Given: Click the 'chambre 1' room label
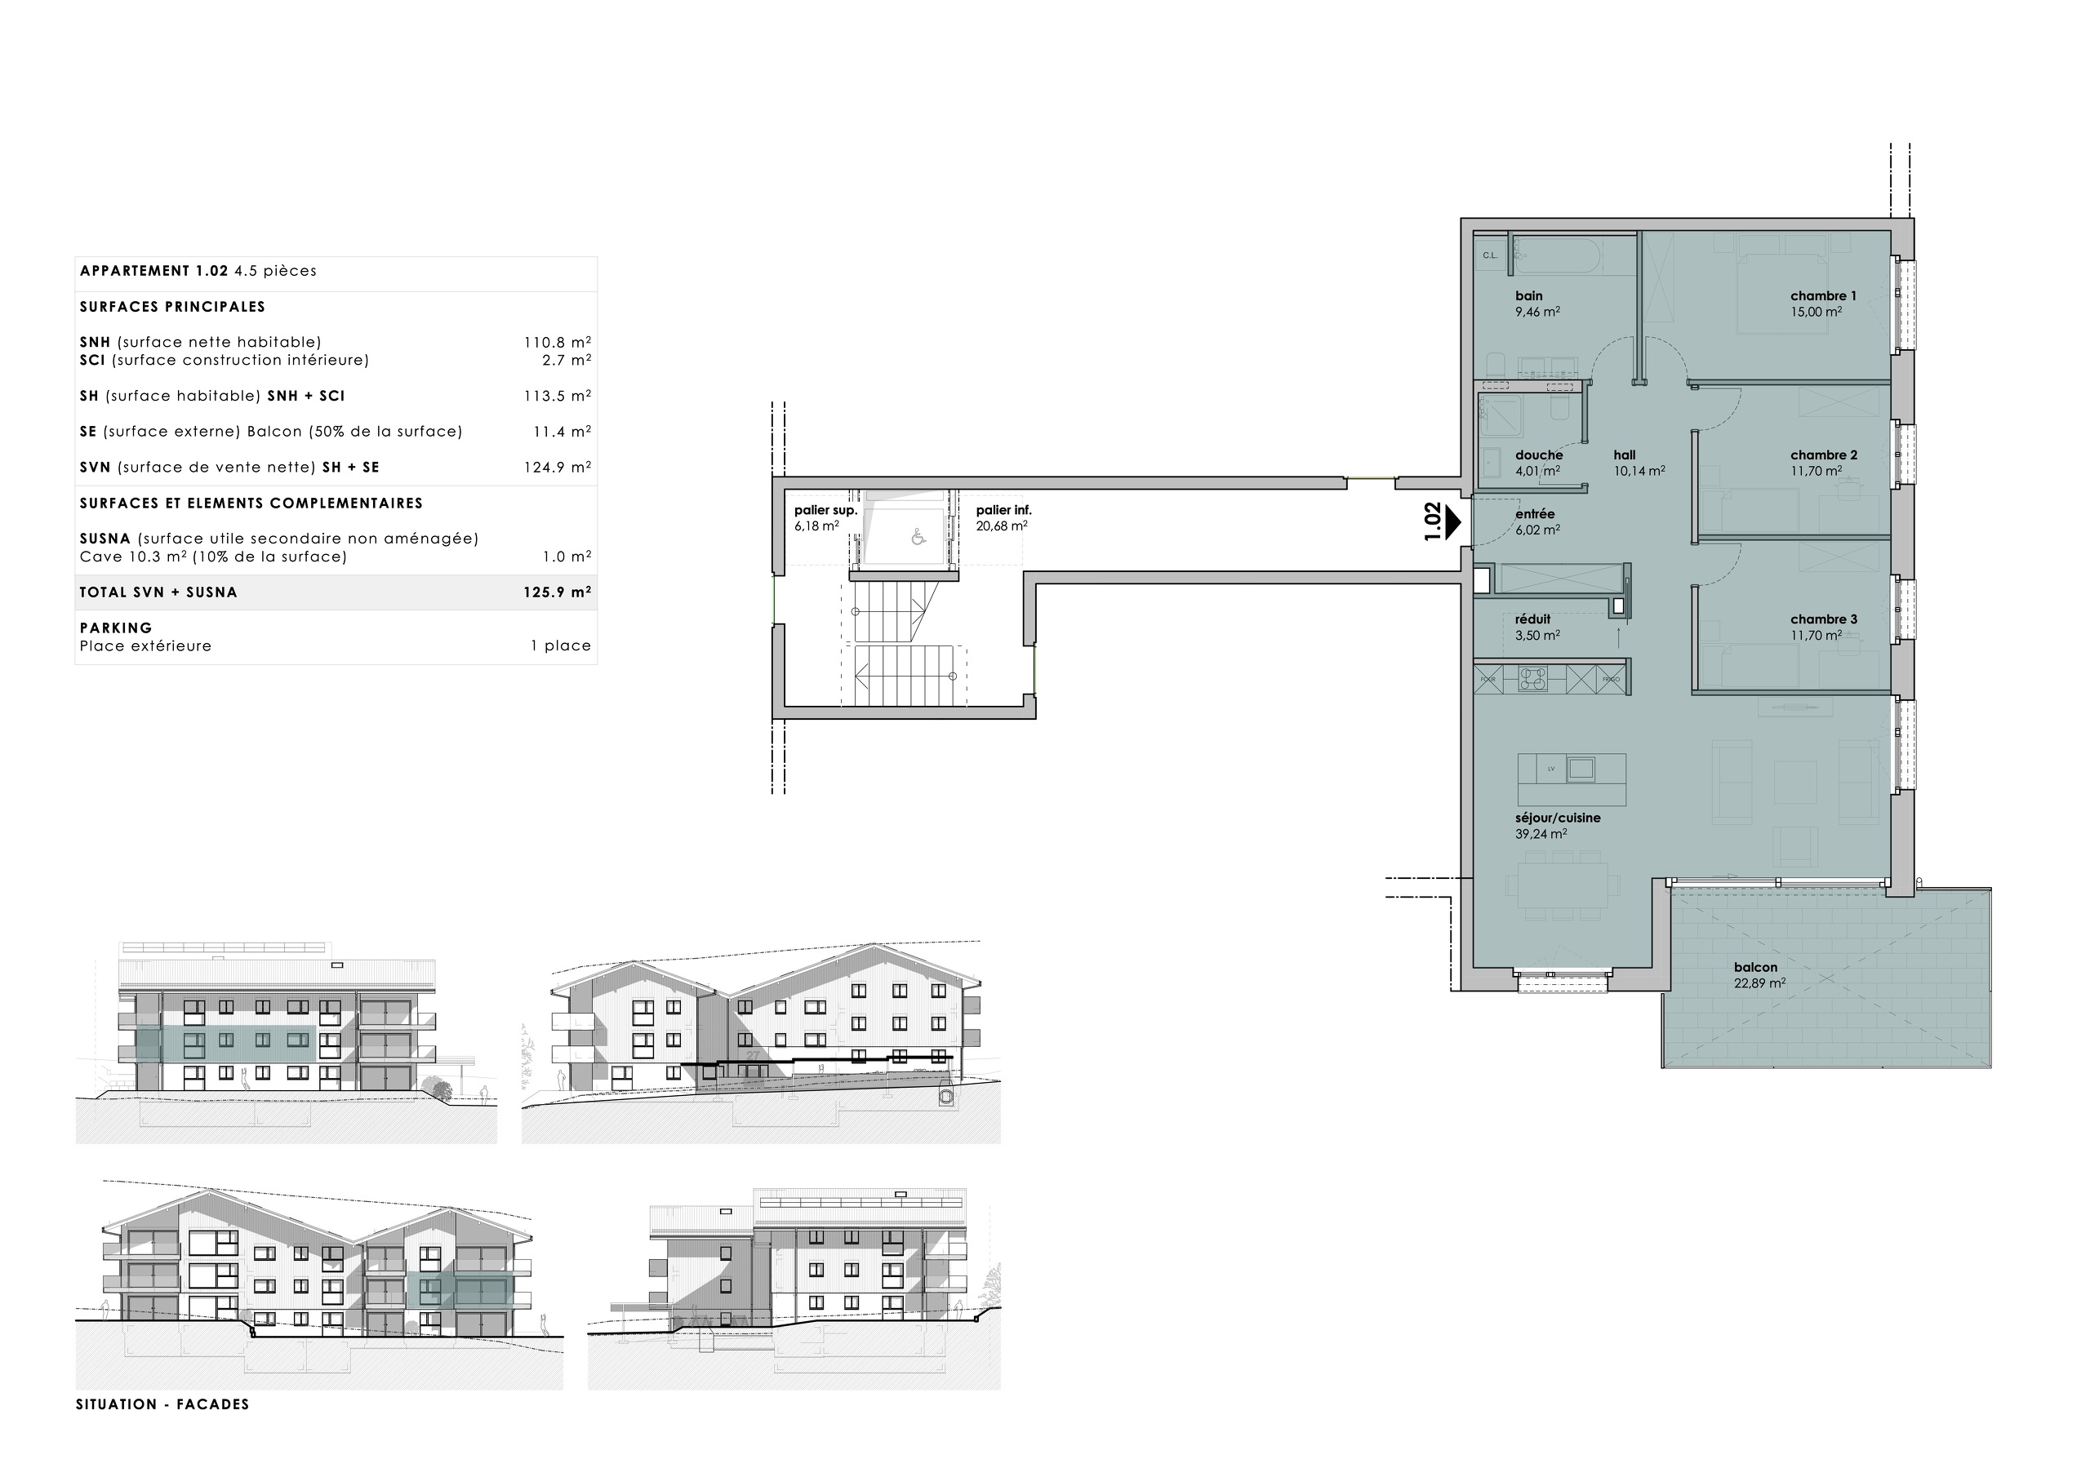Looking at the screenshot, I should click(x=1822, y=295).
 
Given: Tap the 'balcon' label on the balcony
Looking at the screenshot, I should click(x=1755, y=967).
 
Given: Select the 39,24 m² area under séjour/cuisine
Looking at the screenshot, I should click(x=1541, y=834).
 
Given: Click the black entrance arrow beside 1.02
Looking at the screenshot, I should click(x=1454, y=522).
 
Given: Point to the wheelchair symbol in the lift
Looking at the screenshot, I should click(x=918, y=537).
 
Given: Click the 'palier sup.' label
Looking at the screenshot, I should click(x=825, y=511).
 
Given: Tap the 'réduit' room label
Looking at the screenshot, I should click(x=1532, y=619).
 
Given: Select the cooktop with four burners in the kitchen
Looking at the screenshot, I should click(x=1533, y=678).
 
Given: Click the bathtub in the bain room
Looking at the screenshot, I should click(x=1556, y=255).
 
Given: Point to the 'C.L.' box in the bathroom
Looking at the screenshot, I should click(x=1490, y=255).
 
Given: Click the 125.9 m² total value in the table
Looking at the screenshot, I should click(x=556, y=592).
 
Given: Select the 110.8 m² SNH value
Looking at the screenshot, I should click(x=556, y=342).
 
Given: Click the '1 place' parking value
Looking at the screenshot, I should click(x=561, y=645).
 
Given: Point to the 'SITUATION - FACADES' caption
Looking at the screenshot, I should click(x=162, y=1404).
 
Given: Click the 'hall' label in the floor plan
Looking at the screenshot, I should click(x=1624, y=455).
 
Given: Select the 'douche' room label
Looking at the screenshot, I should click(x=1538, y=455).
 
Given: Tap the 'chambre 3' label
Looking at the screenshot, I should click(x=1823, y=619).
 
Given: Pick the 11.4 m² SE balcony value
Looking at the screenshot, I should click(x=561, y=432).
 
